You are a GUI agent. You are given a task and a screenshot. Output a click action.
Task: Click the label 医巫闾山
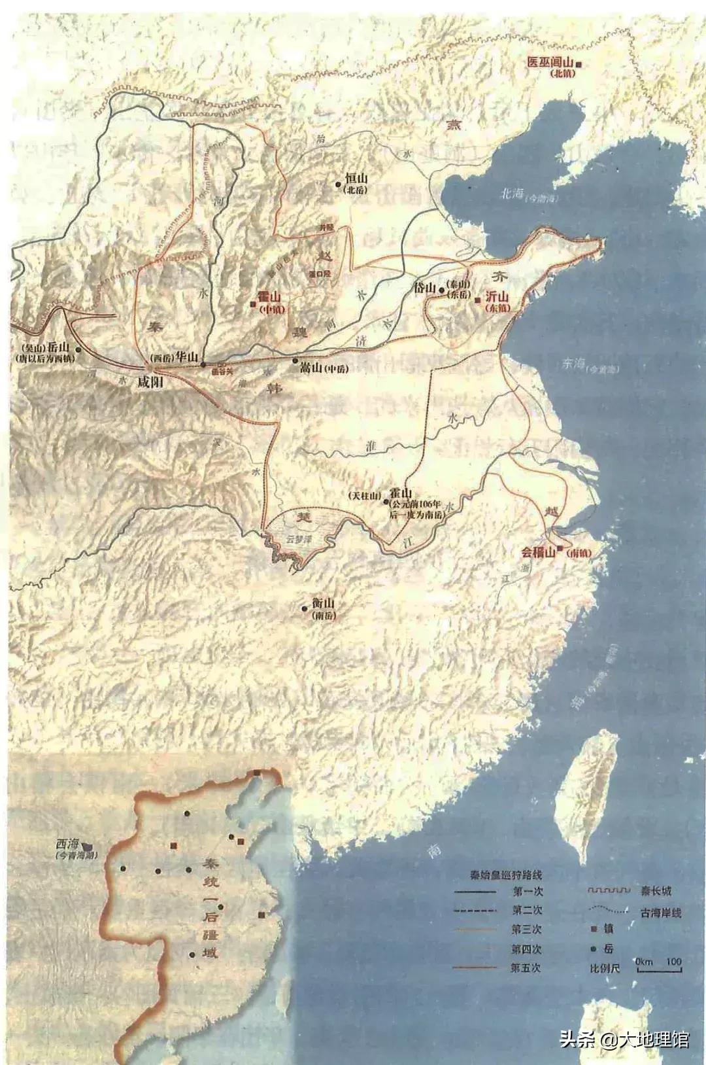point(550,63)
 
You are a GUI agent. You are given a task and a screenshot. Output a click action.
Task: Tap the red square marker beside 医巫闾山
point(578,64)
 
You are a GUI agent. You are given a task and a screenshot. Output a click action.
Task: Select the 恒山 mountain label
point(357,178)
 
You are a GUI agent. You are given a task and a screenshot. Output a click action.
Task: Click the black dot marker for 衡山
point(304,608)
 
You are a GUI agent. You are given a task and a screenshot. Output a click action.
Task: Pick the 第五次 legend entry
point(526,968)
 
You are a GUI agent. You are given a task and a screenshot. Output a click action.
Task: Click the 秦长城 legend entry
point(656,891)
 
